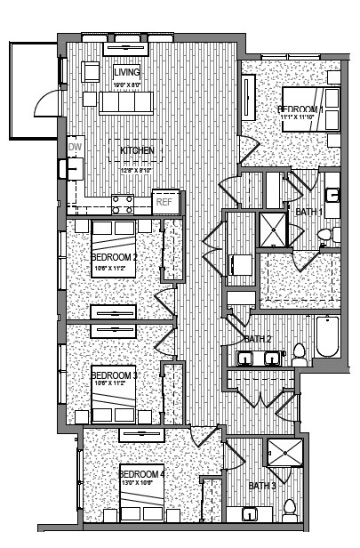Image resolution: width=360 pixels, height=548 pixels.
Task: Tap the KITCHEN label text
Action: click(137, 150)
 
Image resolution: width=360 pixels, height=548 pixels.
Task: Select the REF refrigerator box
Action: click(164, 202)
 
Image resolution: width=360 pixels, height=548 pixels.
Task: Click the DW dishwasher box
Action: click(74, 148)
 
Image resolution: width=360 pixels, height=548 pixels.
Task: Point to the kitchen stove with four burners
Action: click(123, 205)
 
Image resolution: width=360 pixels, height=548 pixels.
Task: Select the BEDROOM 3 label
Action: click(113, 375)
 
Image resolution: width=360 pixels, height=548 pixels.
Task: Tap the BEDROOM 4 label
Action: click(142, 474)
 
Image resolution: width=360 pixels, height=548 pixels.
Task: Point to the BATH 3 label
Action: click(261, 486)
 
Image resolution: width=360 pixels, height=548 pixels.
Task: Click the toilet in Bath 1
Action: click(325, 235)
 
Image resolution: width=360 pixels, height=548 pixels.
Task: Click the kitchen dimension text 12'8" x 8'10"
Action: click(137, 160)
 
